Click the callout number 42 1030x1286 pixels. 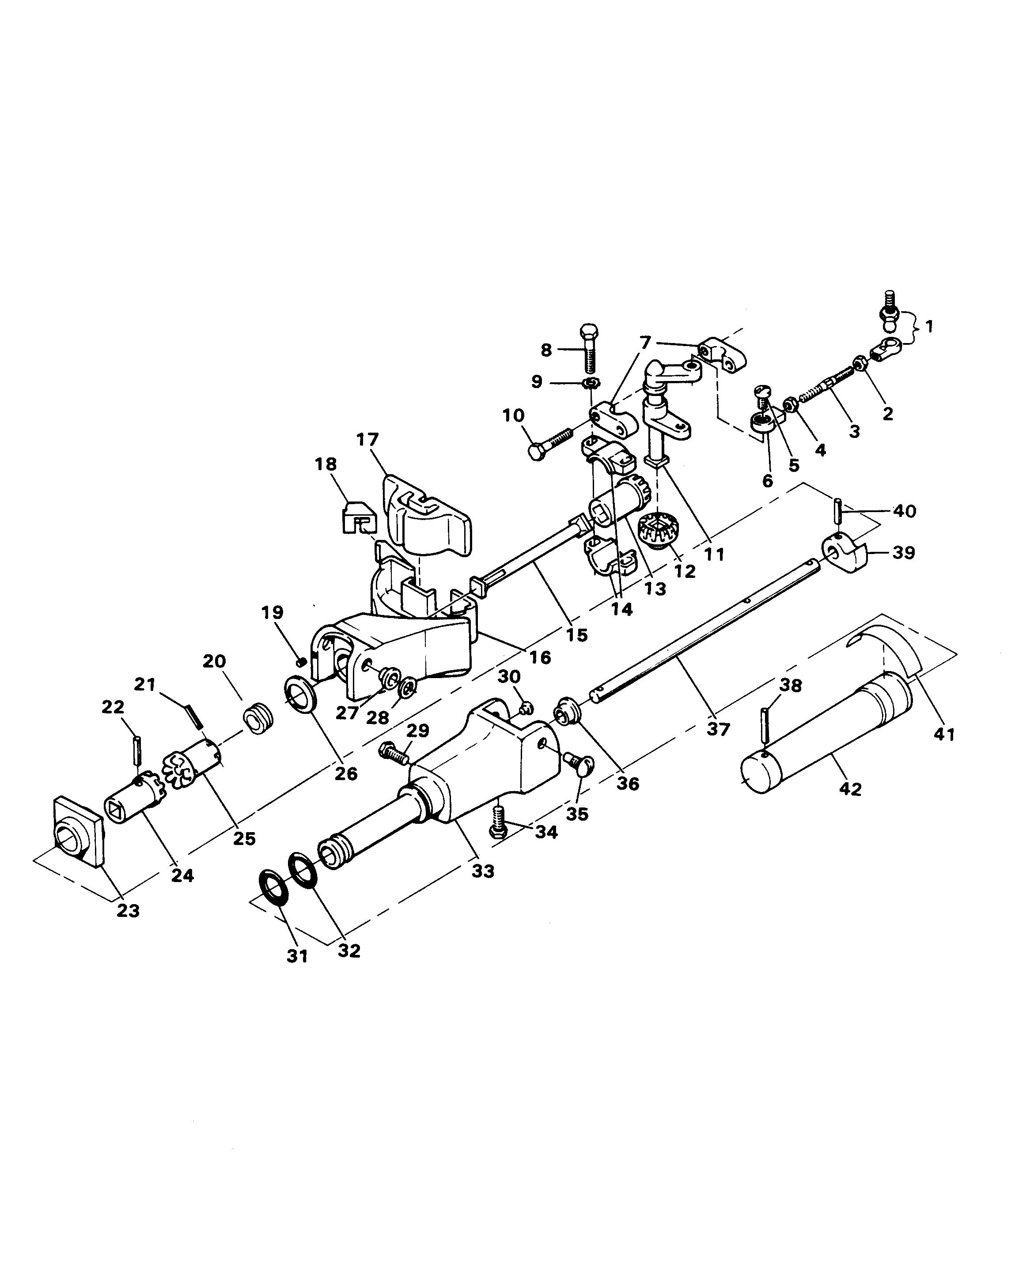850,789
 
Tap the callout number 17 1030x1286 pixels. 367,440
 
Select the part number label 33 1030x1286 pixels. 483,871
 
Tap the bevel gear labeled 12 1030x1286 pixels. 656,528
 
